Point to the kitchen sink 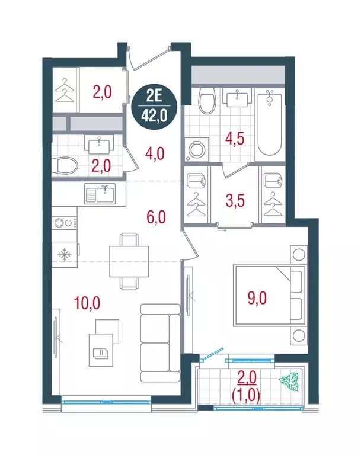[99, 193]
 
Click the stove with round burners [65, 223]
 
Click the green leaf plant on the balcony [290, 379]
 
